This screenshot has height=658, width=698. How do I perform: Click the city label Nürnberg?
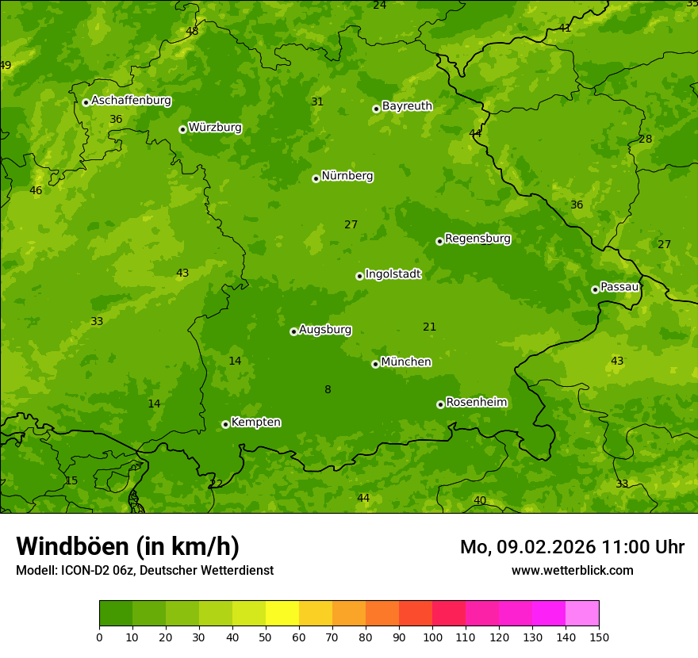pos(347,176)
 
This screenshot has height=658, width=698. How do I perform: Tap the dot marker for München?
pos(375,364)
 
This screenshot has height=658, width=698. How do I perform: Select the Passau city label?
pos(619,287)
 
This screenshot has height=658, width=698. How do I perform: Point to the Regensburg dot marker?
pos(439,241)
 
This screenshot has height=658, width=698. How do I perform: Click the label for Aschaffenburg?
pos(131,101)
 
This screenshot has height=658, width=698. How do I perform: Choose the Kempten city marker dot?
pos(225,424)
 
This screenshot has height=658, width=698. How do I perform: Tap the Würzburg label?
pos(215,128)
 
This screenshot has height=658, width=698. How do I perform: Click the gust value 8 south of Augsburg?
pos(328,389)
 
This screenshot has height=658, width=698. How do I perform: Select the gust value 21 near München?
pos(429,327)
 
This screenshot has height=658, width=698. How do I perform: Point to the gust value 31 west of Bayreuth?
pos(317,101)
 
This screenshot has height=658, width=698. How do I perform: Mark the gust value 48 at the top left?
pos(192,31)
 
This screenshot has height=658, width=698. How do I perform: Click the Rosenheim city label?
pos(476,403)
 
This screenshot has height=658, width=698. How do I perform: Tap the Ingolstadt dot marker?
pos(359,276)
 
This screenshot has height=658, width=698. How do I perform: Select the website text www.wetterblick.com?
pos(572,570)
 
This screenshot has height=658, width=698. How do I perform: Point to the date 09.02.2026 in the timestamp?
pos(547,547)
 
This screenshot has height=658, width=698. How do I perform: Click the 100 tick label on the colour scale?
pos(432,637)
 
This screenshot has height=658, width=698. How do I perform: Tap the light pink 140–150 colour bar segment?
pos(582,614)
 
